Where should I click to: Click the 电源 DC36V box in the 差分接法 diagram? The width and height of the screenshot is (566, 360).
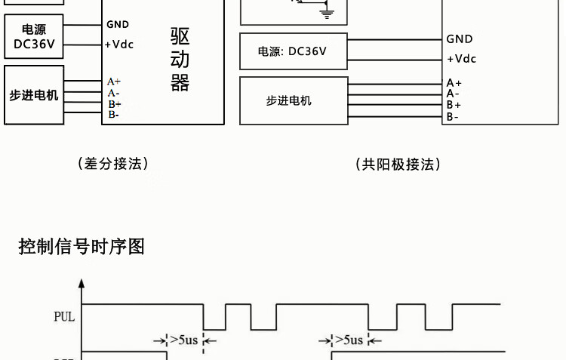(34, 37)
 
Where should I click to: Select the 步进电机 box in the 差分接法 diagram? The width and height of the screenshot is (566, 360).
(34, 95)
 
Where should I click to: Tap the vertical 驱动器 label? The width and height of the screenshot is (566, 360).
(180, 60)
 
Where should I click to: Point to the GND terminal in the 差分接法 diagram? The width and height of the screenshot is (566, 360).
(118, 25)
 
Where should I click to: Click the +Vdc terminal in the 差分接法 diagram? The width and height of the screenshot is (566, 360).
(119, 45)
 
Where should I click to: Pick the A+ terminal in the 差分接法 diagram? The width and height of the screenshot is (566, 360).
(114, 81)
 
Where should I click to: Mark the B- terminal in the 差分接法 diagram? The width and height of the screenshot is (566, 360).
(113, 115)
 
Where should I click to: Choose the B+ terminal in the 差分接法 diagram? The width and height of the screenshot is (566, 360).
(114, 103)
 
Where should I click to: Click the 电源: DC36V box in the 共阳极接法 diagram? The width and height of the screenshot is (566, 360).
(294, 51)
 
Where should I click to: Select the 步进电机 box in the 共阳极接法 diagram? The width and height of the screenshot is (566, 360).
(294, 100)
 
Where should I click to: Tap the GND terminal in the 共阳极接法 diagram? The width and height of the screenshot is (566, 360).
(460, 39)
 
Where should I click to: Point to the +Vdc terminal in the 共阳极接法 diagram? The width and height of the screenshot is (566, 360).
(461, 59)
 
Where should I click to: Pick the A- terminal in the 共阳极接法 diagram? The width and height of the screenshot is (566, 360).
(453, 94)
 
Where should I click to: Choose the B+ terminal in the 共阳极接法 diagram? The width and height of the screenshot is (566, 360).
(454, 105)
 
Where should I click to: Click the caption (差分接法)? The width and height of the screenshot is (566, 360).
(113, 163)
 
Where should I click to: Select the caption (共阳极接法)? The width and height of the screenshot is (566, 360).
(398, 164)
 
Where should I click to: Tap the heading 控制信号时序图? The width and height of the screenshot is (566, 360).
(82, 246)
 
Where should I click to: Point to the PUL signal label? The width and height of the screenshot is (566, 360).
(64, 317)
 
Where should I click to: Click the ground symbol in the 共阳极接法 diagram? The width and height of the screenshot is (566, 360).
(326, 12)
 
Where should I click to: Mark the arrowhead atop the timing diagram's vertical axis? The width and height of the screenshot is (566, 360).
(82, 285)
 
